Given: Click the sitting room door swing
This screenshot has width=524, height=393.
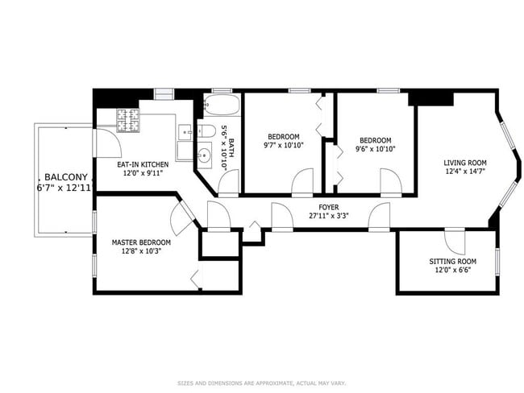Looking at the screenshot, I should (x=455, y=241).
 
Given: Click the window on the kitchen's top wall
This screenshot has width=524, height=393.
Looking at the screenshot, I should (x=164, y=91).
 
